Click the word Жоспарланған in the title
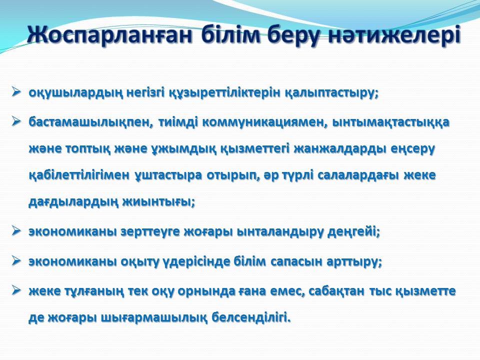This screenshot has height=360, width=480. pyautogui.click(x=110, y=35)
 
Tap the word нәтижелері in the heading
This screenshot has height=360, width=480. pyautogui.click(x=394, y=35)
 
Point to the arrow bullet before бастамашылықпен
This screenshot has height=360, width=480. pyautogui.click(x=16, y=121)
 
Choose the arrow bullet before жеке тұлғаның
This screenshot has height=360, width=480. pyautogui.click(x=16, y=290)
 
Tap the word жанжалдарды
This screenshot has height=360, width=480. pyautogui.click(x=339, y=149)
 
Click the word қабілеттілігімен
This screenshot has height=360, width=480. pyautogui.click(x=79, y=175)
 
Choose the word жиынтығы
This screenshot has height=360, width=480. pyautogui.click(x=158, y=202)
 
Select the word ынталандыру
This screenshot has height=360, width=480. pyautogui.click(x=280, y=232)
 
